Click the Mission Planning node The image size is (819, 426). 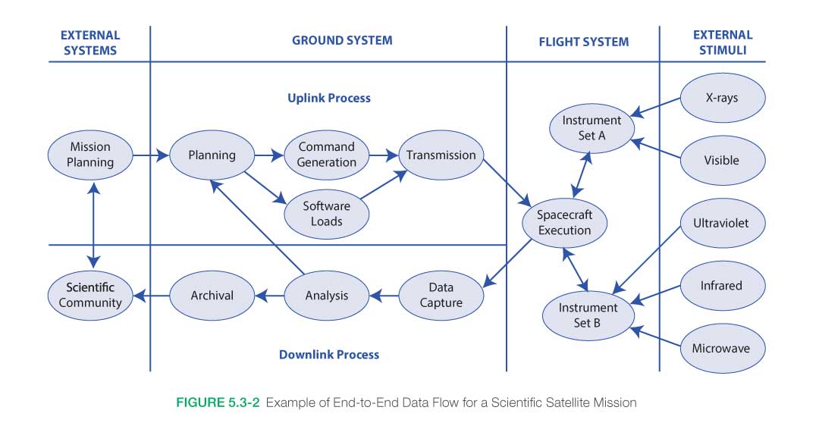90,155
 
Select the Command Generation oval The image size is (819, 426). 327,155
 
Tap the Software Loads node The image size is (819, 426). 327,214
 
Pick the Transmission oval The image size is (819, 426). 441,155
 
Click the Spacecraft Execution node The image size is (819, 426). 565,223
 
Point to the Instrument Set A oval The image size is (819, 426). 591,128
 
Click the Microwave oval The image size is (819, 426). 720,349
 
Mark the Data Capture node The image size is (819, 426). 441,295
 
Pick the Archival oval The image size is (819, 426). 212,295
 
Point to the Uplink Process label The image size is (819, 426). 329,98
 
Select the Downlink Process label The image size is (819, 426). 329,354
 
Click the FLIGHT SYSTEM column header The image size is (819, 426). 583,42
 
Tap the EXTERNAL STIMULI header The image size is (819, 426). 723,42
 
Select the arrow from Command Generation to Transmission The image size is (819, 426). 384,155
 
